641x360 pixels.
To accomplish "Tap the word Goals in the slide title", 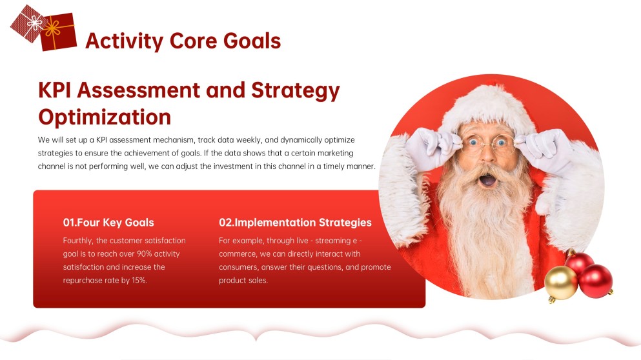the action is click(252, 41).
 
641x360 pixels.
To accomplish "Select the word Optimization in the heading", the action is click(105, 117).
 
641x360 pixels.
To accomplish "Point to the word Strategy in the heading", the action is click(295, 91).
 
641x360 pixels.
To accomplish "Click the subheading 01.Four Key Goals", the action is click(108, 223).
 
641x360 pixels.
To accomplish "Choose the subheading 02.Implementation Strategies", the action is click(295, 223).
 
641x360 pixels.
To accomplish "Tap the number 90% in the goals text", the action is click(145, 254).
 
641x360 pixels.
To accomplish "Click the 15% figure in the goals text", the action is click(139, 280).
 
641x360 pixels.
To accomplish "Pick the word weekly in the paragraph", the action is click(249, 140).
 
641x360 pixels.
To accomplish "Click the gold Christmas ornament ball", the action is click(561, 283).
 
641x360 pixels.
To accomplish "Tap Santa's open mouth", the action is click(487, 180).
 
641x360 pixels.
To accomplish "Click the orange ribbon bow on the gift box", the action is click(52, 28).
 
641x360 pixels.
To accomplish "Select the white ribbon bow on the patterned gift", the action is click(34, 23).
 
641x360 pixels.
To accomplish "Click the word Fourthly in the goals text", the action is click(77, 241).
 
